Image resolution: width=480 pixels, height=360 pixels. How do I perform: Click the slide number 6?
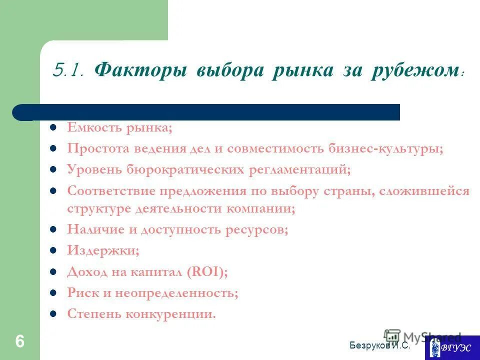(19, 341)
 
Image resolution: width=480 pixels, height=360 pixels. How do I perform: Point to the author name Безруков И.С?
(380, 345)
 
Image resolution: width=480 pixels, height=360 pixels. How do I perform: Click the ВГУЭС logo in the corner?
(452, 347)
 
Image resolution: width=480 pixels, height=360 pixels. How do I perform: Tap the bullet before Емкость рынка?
(52, 128)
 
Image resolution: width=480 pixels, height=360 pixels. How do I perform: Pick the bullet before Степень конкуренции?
(52, 314)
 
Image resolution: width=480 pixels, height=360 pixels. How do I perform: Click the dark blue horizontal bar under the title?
(210, 112)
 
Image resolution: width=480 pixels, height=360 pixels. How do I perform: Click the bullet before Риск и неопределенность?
(52, 293)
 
